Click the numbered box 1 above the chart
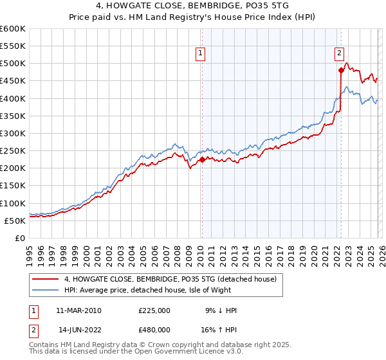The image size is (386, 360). (201, 54)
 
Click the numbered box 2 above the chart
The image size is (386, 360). (339, 54)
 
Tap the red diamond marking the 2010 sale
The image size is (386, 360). (201, 159)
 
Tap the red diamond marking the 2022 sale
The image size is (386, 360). (340, 71)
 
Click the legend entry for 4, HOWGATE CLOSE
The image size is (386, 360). (170, 279)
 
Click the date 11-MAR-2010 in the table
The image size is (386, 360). (78, 310)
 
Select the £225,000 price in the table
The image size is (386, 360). (154, 310)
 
